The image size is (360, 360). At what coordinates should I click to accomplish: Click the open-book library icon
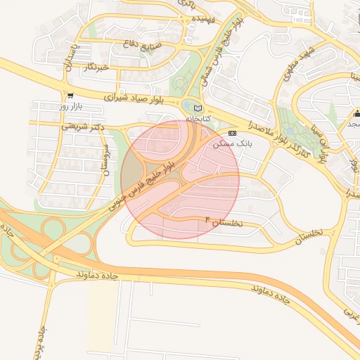198,108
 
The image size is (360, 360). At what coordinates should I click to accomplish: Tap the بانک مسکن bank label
232,143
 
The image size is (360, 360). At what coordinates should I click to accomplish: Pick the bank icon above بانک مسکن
233,132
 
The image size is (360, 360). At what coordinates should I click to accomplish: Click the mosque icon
356,113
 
